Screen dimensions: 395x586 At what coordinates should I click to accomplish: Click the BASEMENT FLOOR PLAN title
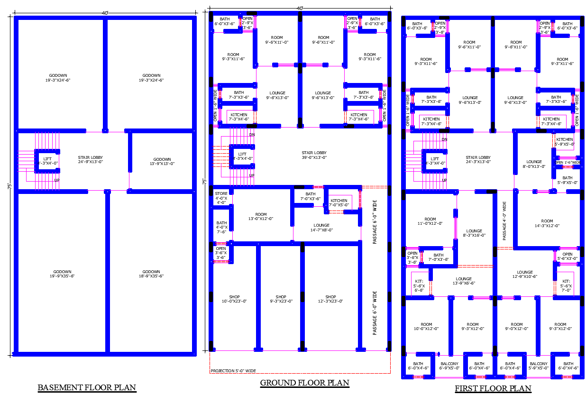pos(87,387)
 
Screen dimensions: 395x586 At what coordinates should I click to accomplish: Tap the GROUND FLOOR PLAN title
pos(304,383)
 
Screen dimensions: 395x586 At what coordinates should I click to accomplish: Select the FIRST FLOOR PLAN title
pos(493,388)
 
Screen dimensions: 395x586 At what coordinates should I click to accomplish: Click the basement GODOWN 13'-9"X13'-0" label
pos(162,161)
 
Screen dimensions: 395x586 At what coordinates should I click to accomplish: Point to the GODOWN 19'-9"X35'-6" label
pos(62,274)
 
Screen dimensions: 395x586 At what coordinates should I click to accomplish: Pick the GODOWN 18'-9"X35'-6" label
pos(151,274)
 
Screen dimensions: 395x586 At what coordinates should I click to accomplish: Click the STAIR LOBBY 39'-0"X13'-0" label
pos(314,155)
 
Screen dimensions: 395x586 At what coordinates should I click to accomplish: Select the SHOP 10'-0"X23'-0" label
pos(234,299)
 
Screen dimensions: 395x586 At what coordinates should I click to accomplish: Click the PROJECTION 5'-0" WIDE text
pos(233,371)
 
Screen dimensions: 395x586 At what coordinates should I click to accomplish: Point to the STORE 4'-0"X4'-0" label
pos(221,198)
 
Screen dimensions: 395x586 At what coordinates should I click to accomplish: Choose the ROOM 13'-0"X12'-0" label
pos(261,216)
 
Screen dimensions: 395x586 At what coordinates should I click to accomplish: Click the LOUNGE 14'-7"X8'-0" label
pos(321,228)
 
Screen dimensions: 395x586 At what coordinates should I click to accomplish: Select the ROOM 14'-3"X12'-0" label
pos(547,223)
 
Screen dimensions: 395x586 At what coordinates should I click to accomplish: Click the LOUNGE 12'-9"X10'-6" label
pos(525,275)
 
